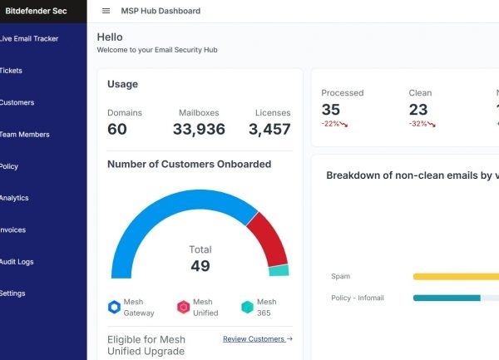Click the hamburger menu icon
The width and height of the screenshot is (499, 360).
[x=106, y=11]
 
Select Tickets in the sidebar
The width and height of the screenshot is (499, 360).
[x=12, y=71]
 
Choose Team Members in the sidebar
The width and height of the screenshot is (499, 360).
[x=24, y=135]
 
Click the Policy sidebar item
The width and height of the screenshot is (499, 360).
[x=9, y=166]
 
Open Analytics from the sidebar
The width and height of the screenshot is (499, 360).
[x=14, y=198]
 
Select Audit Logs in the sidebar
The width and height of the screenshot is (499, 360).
[x=17, y=262]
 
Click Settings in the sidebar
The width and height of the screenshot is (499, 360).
[x=12, y=293]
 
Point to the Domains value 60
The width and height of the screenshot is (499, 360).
[x=117, y=129]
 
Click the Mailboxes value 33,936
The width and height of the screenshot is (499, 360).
[x=199, y=129]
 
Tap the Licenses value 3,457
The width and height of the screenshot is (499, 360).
[x=269, y=129]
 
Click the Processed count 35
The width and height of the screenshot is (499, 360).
[x=330, y=110]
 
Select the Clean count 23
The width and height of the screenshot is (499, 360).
[x=418, y=110]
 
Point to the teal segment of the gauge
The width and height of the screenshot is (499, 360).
[x=279, y=270]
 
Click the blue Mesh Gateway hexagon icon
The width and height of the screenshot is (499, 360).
[x=114, y=307]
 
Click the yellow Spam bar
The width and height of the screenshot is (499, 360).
[x=455, y=277]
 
